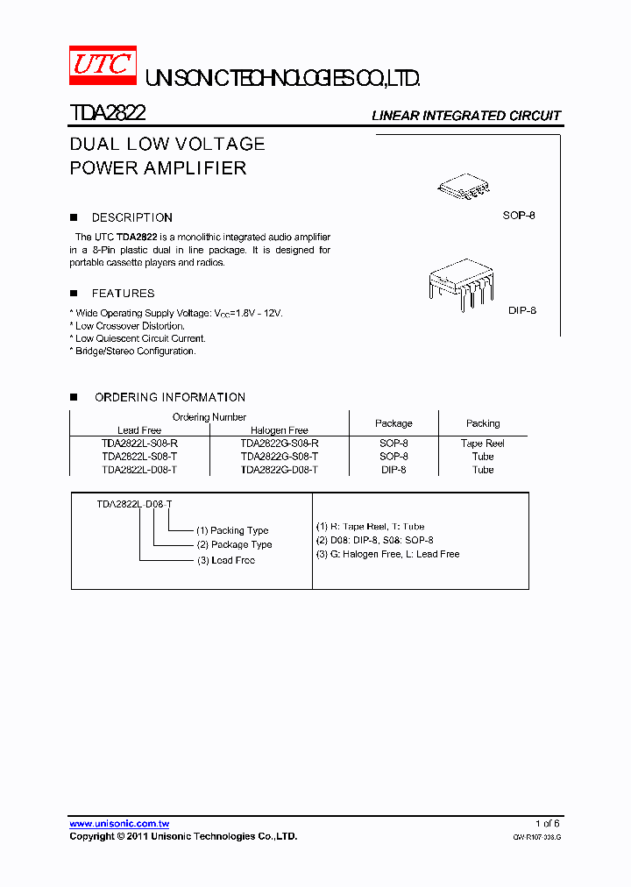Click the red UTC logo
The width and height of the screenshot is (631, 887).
tap(103, 66)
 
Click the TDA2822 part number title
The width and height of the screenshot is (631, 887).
tap(108, 113)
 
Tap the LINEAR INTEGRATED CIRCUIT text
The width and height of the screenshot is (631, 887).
tap(466, 116)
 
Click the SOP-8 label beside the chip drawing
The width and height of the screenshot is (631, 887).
tap(519, 215)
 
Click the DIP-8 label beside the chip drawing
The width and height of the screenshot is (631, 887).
tap(522, 310)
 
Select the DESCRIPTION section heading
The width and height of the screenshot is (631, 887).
tap(132, 217)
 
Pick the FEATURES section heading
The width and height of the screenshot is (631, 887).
tap(123, 294)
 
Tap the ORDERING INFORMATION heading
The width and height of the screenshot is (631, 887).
tap(170, 397)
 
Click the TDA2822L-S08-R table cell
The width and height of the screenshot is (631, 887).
tap(139, 443)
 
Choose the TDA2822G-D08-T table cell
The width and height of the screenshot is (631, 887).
tap(279, 470)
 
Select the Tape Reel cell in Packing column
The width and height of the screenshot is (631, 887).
tap(483, 443)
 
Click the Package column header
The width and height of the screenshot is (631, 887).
tap(393, 423)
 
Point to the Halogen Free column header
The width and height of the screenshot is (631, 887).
tap(279, 430)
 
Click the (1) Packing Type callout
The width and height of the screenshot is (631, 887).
tap(232, 530)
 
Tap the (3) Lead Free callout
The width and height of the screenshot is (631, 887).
tap(226, 560)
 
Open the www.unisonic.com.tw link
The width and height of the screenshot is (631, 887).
tap(119, 824)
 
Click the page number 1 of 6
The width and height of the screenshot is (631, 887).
tap(547, 823)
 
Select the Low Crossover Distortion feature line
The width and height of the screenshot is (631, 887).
tap(130, 326)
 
